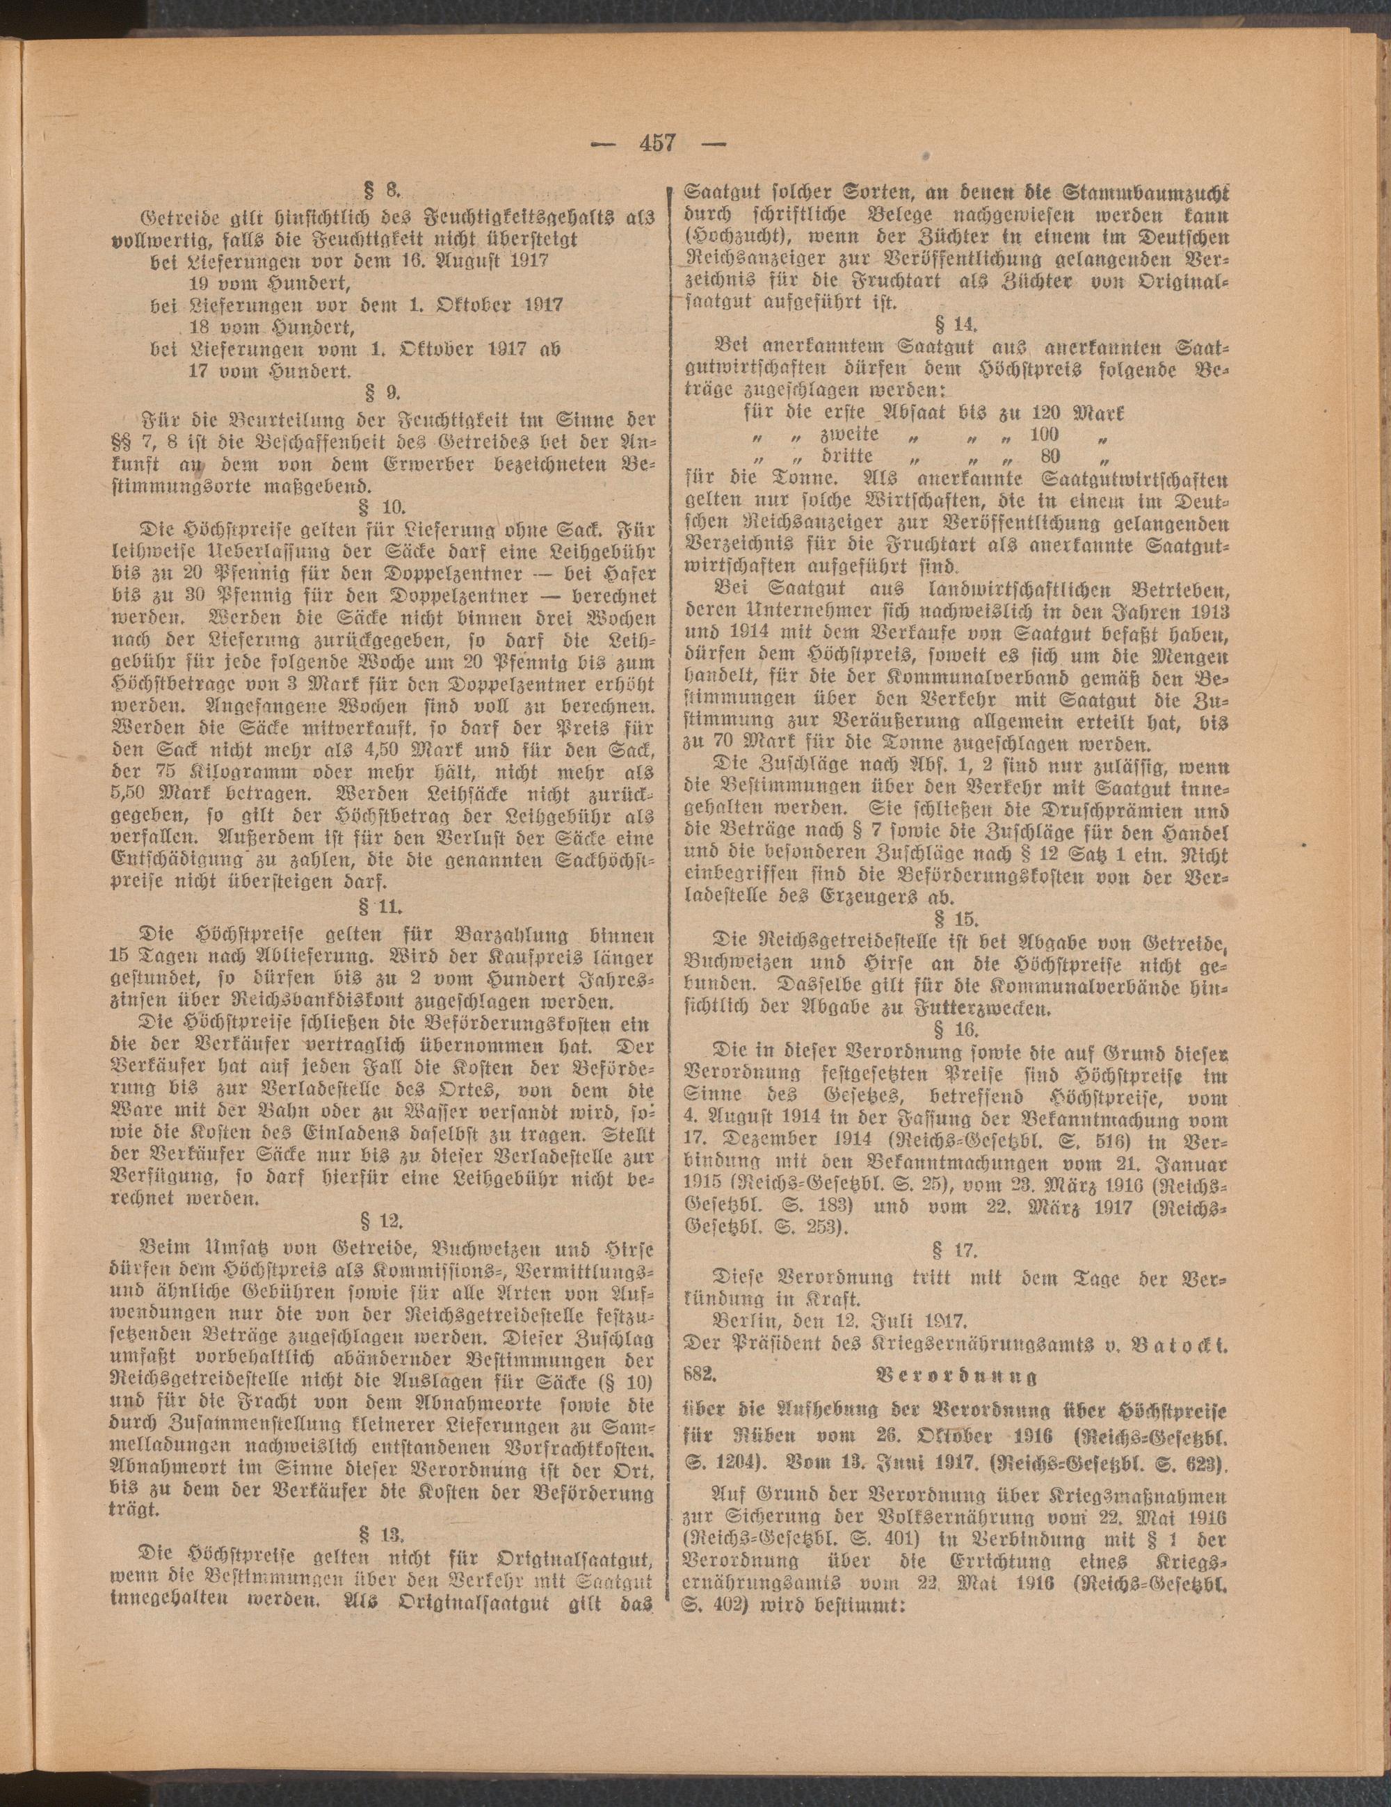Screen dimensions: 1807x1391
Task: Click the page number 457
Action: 657,143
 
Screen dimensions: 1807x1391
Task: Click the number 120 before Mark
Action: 1047,410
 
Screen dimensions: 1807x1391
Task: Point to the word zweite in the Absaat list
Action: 849,433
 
